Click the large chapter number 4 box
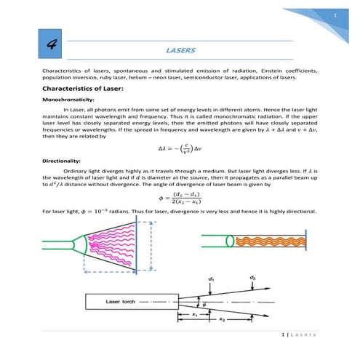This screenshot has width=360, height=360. pyautogui.click(x=52, y=44)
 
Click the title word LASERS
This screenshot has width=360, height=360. pyautogui.click(x=180, y=52)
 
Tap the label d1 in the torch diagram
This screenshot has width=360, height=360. pyautogui.click(x=211, y=279)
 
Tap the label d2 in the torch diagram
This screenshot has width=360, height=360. pyautogui.click(x=252, y=278)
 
